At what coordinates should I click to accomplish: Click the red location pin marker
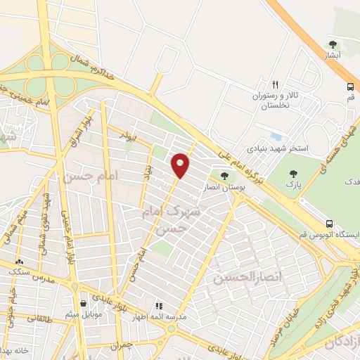(x=181, y=164)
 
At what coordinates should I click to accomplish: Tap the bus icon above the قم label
(x=350, y=86)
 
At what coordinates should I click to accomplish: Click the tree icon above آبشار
(x=333, y=44)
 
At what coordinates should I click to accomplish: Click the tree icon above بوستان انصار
(x=224, y=175)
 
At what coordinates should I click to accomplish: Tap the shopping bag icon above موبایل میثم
(x=84, y=303)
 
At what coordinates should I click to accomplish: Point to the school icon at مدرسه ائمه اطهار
(x=159, y=306)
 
